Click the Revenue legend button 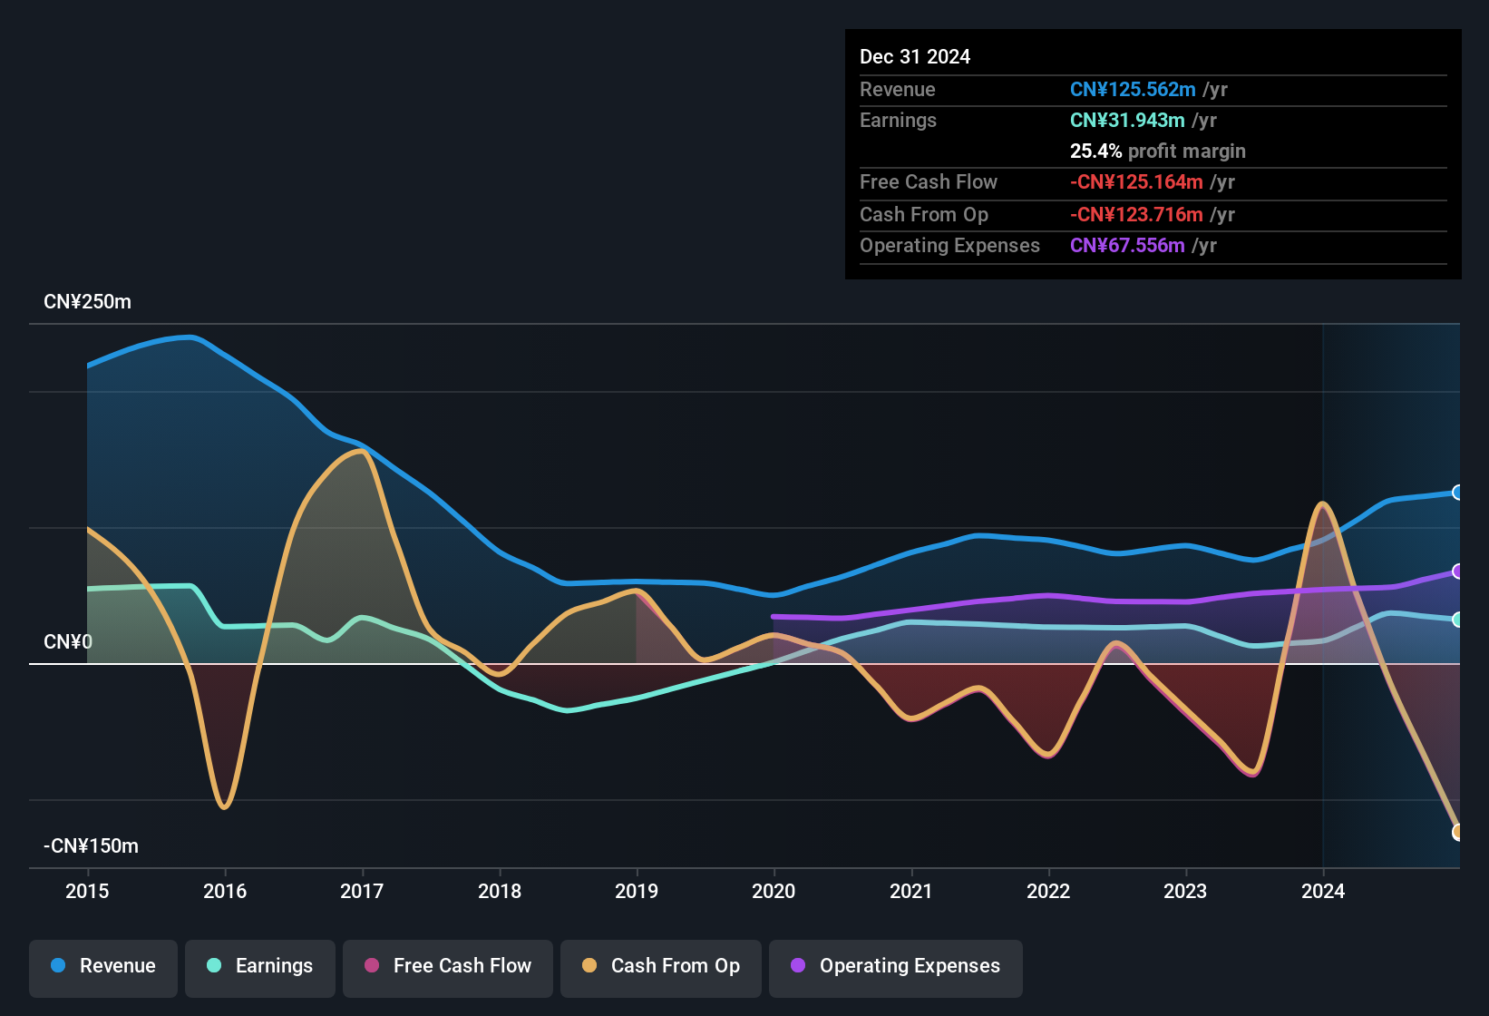(x=103, y=966)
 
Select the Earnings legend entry (x=260, y=966)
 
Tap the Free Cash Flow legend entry (x=448, y=966)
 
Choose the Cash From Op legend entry (x=661, y=966)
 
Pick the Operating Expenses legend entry (x=896, y=966)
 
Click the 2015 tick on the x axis (x=87, y=891)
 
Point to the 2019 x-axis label (x=637, y=891)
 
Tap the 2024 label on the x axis (x=1323, y=891)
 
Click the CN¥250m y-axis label (x=87, y=302)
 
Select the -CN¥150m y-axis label (x=91, y=846)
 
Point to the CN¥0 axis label (x=68, y=642)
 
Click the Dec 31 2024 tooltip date (x=915, y=57)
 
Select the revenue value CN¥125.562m (x=1133, y=90)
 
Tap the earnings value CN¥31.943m (x=1127, y=121)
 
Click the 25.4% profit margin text (x=1157, y=151)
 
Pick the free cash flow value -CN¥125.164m (x=1136, y=182)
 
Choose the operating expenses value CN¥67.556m (x=1127, y=246)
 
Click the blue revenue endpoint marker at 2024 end (x=1457, y=493)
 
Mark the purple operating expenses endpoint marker (x=1457, y=571)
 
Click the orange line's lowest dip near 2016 (x=224, y=806)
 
